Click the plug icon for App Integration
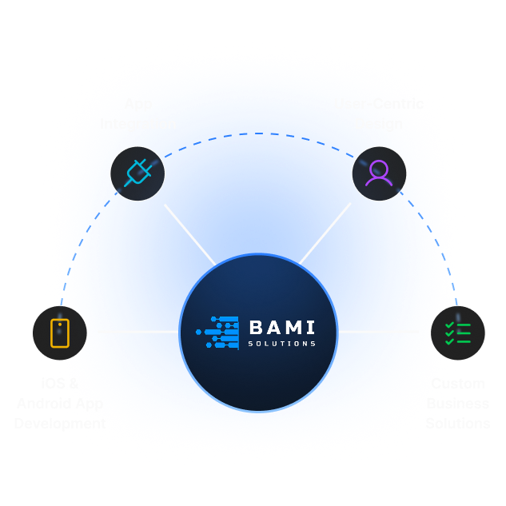click(137, 173)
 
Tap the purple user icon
click(379, 173)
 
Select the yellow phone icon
click(60, 333)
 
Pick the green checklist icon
click(457, 333)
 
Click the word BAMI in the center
click(281, 327)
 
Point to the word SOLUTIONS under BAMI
click(281, 344)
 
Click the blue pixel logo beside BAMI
click(218, 333)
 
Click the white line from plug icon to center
click(189, 233)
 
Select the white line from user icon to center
click(325, 233)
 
